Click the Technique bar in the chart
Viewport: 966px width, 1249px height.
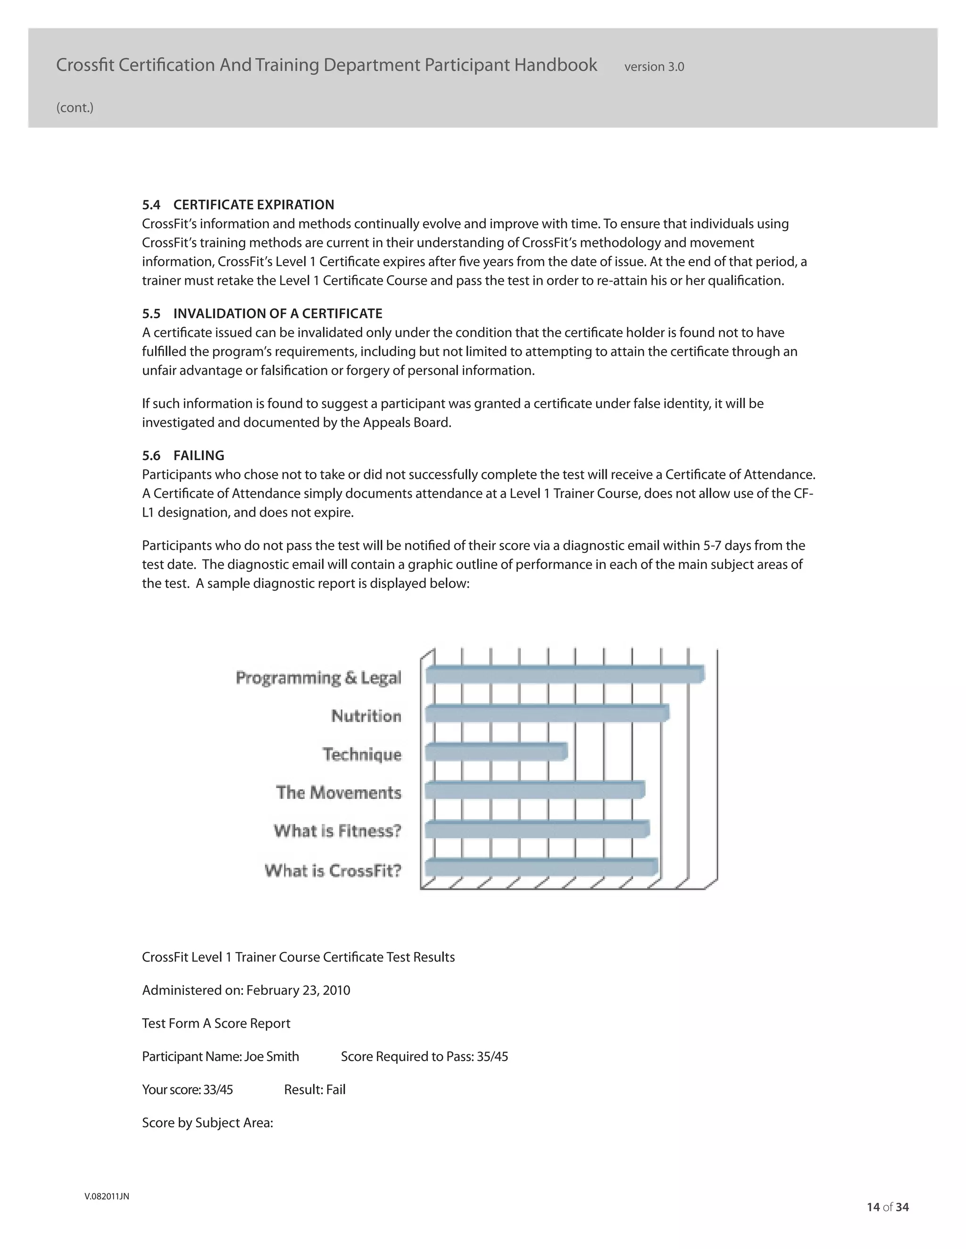coord(496,751)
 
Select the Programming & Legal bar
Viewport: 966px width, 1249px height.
coord(564,674)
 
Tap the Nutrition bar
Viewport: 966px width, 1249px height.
coord(547,713)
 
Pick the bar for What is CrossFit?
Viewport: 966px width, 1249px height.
coord(541,867)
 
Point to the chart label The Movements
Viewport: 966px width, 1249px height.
coord(338,793)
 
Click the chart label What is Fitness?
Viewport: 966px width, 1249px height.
coord(337,831)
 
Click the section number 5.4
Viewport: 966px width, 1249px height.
coord(151,205)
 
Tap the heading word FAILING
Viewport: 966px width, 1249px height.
coord(199,455)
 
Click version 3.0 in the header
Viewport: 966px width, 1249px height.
coord(654,67)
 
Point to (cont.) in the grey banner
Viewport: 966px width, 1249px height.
coord(75,107)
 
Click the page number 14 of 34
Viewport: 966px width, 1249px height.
coord(888,1207)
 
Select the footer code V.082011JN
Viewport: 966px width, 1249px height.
coord(107,1196)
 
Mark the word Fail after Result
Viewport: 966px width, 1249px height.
coord(336,1089)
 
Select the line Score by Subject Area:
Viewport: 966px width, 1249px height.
coord(207,1123)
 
